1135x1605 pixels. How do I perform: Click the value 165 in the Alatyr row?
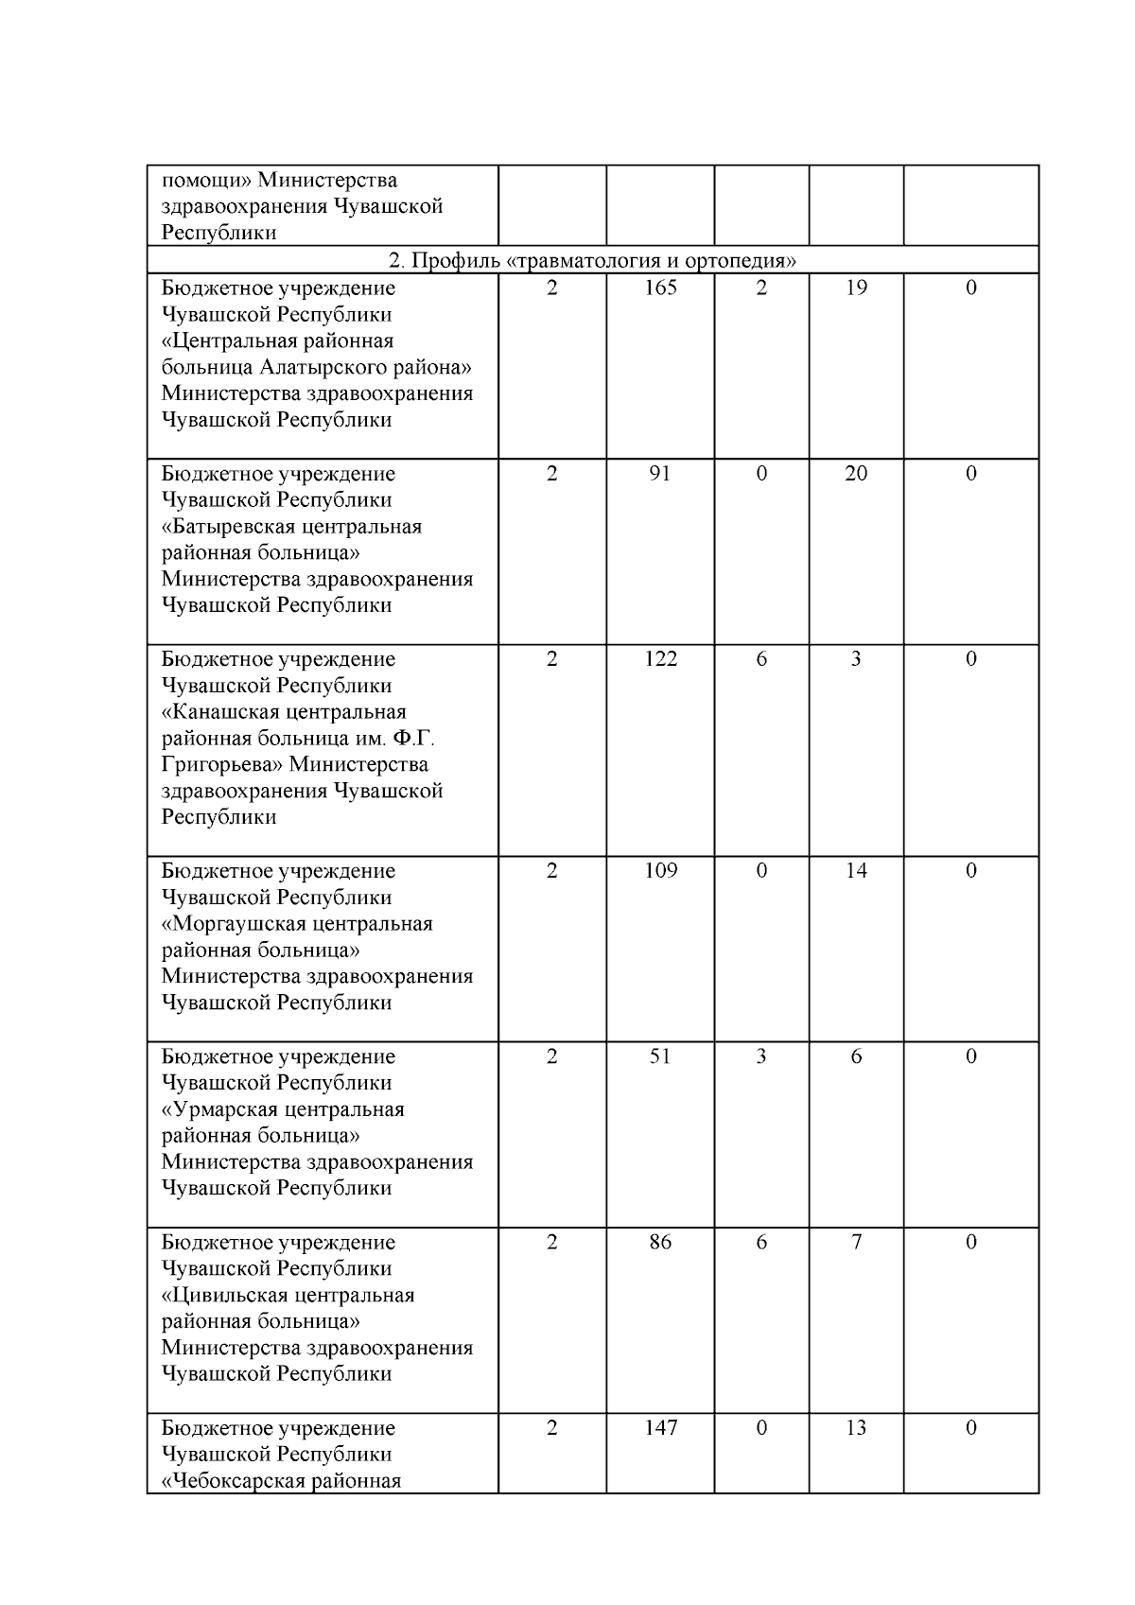660,288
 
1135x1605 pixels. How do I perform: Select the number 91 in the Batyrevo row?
660,474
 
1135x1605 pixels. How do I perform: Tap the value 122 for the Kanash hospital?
660,659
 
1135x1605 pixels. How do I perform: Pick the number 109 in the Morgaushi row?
660,871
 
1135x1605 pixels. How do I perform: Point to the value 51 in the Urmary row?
660,1056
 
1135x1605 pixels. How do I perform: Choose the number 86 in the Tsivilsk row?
660,1242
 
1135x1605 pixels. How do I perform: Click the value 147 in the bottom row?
660,1427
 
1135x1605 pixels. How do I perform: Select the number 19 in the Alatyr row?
856,288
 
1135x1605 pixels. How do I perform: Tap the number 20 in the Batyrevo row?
856,474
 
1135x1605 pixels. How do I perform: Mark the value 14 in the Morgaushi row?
856,871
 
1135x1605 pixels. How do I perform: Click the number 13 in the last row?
856,1427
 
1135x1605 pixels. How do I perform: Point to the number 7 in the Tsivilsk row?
856,1242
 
